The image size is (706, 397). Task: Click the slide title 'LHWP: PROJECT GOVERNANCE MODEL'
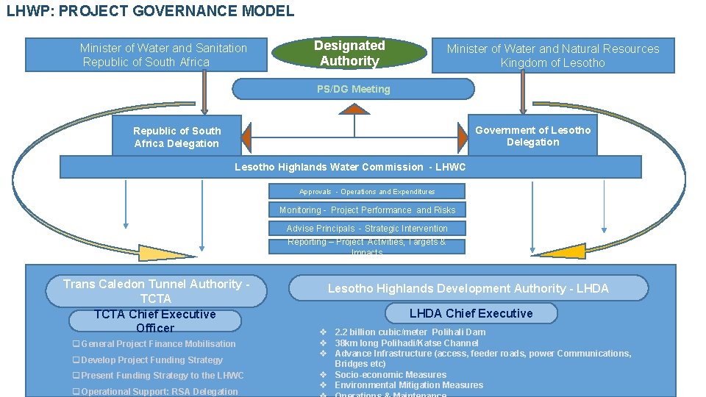tap(150, 11)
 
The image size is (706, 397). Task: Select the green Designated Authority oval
tap(349, 54)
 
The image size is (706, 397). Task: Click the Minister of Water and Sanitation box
tap(146, 55)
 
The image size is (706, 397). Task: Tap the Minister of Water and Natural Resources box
tap(552, 56)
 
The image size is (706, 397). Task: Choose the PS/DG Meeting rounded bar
tap(354, 89)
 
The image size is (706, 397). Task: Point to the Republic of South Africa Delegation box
tap(176, 137)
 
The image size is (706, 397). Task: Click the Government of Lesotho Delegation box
tap(532, 136)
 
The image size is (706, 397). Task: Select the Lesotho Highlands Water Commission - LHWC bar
tap(350, 168)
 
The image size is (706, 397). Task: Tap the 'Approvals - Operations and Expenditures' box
tap(367, 192)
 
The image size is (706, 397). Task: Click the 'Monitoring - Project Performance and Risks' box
tap(367, 210)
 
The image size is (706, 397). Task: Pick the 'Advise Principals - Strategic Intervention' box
tap(367, 229)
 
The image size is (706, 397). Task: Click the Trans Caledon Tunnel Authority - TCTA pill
tap(156, 291)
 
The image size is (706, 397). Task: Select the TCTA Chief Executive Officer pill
tap(155, 321)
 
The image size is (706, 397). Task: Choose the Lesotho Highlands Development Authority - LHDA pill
tap(468, 288)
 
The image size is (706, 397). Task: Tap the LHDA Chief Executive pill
tap(471, 314)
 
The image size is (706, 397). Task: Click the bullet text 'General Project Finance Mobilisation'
tap(158, 344)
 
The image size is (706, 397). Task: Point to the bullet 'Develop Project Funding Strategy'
tap(151, 360)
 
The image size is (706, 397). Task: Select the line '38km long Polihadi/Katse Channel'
tap(406, 343)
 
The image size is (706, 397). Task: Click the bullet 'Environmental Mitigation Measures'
tap(409, 385)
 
